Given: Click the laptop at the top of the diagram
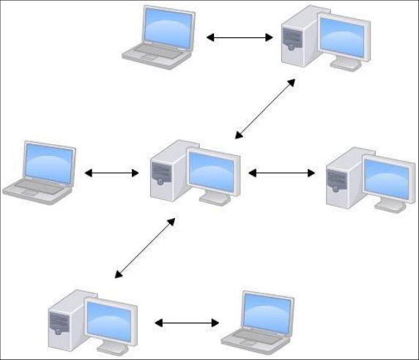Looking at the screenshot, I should (x=159, y=34).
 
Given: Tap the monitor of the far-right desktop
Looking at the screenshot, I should (x=387, y=178).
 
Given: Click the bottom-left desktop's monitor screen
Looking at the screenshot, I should (x=109, y=320).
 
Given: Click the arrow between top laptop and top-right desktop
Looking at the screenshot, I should (x=240, y=37).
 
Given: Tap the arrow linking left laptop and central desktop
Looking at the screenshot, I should (x=111, y=173).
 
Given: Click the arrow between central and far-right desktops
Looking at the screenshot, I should (x=281, y=173).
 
